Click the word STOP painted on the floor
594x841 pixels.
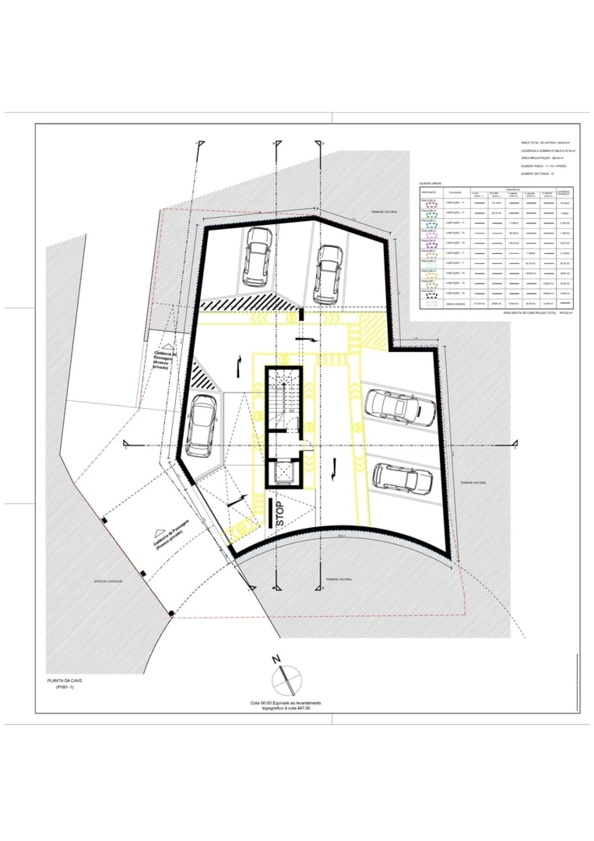click(279, 513)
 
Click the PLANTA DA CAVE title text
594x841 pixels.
click(65, 680)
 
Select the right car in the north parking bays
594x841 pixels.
click(328, 275)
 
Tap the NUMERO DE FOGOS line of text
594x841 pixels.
click(537, 174)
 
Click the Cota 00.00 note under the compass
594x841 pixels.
click(286, 706)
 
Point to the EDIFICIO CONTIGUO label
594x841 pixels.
click(108, 581)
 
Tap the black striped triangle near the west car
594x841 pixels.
click(203, 375)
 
